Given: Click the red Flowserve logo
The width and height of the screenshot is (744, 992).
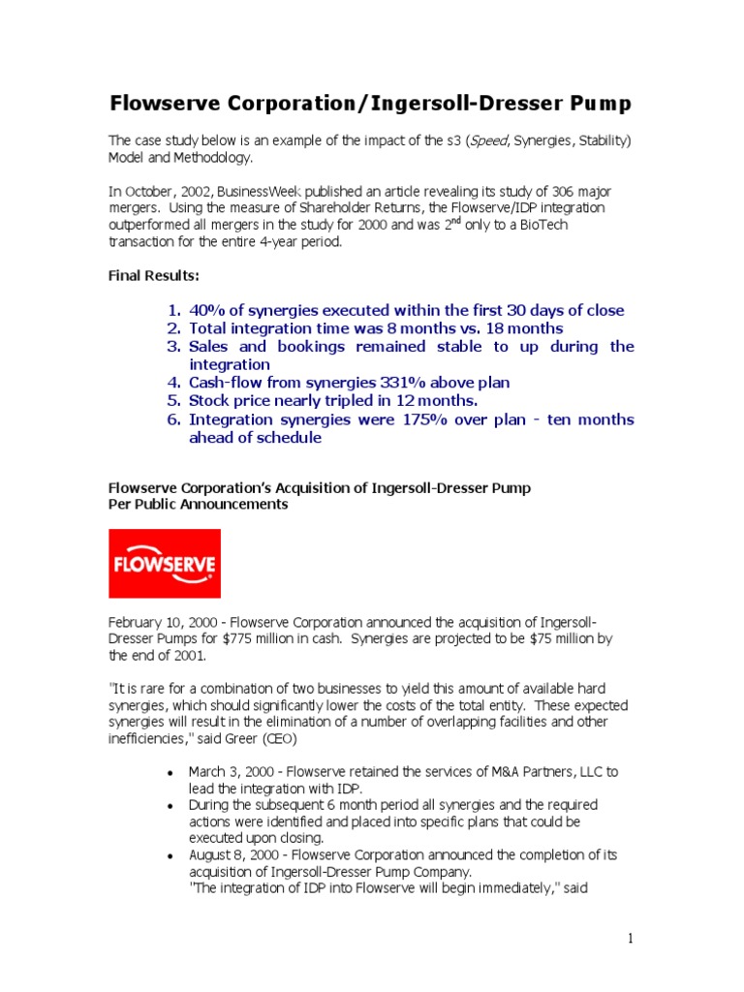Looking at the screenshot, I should [x=164, y=563].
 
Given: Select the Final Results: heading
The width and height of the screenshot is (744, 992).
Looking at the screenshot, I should [x=153, y=275].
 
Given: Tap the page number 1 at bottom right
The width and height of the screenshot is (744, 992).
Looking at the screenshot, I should [x=630, y=938].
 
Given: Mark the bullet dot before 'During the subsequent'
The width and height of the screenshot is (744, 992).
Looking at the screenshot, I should [x=170, y=806].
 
